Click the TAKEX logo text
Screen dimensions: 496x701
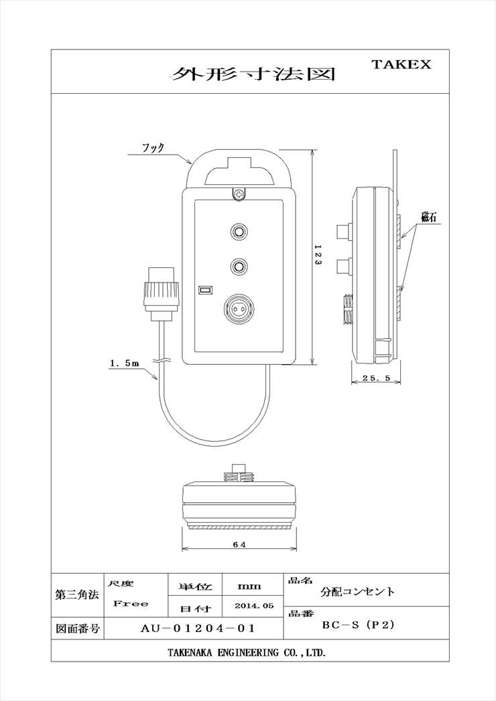pos(401,64)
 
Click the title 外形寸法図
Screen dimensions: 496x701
pos(253,74)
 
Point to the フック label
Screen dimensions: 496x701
pos(153,147)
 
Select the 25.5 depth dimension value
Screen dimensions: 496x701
pos(377,378)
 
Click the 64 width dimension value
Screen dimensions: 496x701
pos(239,544)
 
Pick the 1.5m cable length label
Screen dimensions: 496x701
pos(125,364)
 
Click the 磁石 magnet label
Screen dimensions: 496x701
pos(428,218)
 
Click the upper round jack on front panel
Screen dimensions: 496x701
pos(239,232)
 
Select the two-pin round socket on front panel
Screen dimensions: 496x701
pos(239,309)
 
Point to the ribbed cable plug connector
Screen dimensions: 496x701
pos(162,295)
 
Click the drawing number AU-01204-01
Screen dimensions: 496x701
pos(198,628)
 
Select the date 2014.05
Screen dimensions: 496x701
pos(254,606)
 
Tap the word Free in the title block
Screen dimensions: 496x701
pos(131,603)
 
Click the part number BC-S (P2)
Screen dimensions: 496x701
pos(359,625)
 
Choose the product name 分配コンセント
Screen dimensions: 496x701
pos(357,592)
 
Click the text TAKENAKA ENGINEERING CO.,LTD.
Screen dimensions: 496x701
pos(247,653)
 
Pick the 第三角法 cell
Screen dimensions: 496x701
pos(77,596)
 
